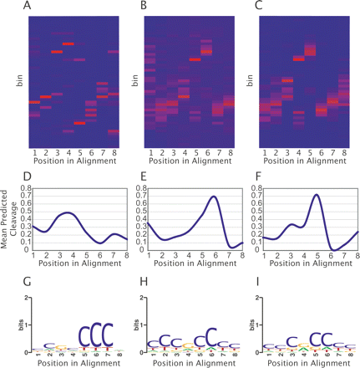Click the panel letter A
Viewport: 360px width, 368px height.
pos(30,7)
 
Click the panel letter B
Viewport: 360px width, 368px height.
pos(144,7)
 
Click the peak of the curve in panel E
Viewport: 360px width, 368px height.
pos(214,197)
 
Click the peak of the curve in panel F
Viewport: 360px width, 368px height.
pos(317,195)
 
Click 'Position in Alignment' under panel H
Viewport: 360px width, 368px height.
pos(185,362)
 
